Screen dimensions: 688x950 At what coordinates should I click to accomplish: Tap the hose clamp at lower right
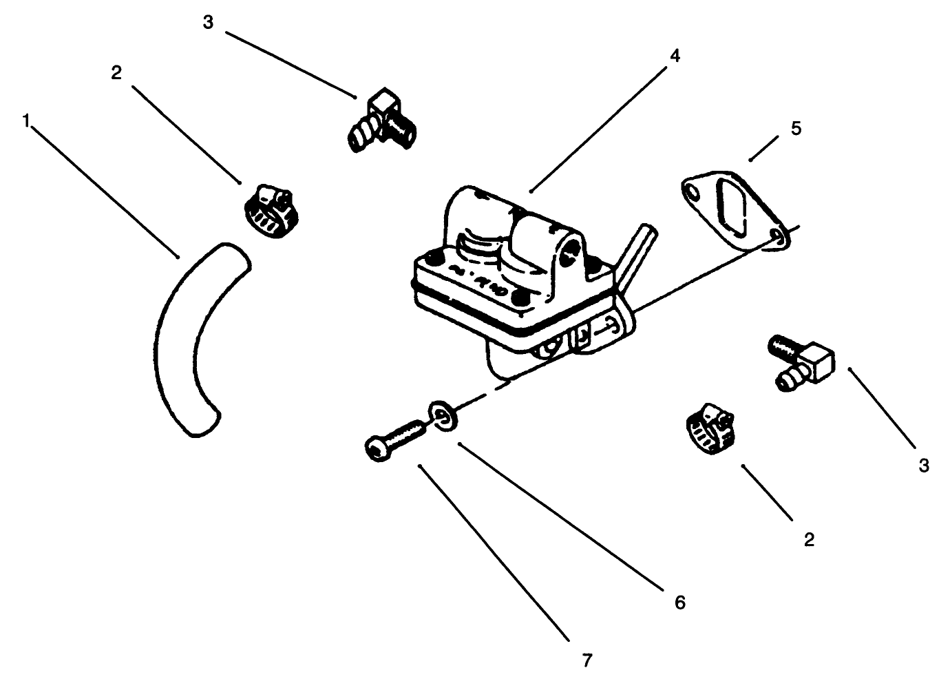click(710, 428)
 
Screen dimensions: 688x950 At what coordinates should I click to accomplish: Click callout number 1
click(27, 121)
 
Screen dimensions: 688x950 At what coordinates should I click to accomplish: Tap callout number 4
click(675, 56)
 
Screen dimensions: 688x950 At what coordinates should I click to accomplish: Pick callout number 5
click(796, 129)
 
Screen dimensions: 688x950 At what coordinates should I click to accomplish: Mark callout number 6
click(679, 603)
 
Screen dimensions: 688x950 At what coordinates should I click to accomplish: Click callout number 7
click(587, 660)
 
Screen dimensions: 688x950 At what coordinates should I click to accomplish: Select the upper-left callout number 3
click(209, 22)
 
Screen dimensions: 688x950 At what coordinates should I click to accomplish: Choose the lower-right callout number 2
click(809, 539)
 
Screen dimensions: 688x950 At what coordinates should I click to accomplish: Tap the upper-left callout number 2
click(116, 73)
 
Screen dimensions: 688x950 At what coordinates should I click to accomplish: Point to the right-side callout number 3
click(924, 465)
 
